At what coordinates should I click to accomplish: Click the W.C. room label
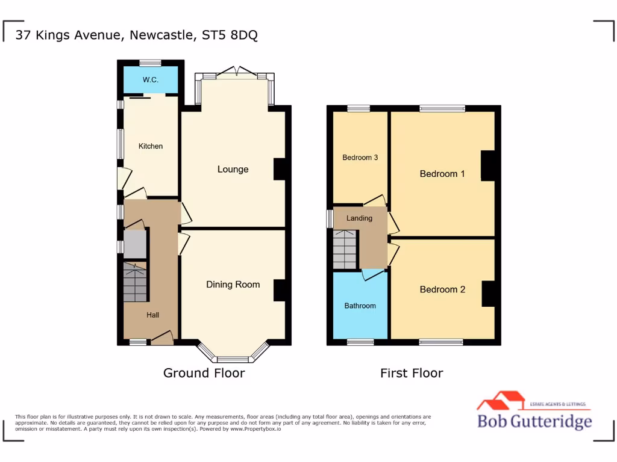coord(150,80)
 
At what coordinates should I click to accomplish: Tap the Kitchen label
coord(151,146)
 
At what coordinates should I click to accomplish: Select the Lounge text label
coord(233,169)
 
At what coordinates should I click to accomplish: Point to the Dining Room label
coord(233,285)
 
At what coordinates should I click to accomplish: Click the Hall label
coord(153,315)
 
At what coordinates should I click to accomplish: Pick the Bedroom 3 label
coord(360,158)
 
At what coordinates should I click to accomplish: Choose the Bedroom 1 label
coord(442,174)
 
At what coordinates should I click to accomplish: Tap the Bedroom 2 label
coord(442,289)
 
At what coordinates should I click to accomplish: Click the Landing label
coord(359,218)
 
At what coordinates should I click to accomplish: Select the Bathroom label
coord(360,306)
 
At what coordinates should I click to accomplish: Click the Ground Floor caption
coord(204,373)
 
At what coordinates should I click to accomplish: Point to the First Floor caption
coord(412,373)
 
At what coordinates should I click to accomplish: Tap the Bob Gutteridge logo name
coord(534,421)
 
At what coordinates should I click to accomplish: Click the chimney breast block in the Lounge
coord(280,169)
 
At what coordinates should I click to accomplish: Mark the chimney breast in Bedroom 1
coord(487,165)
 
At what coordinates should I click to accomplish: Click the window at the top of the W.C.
coord(151,63)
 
